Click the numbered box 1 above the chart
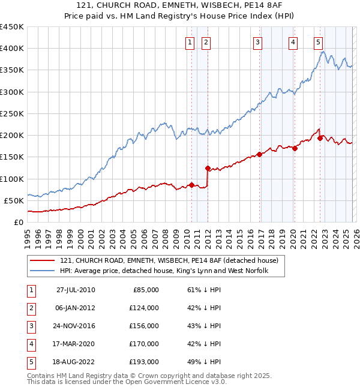click(190, 42)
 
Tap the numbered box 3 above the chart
click(257, 42)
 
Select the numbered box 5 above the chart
click(318, 42)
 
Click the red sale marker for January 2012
click(208, 169)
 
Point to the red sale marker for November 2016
click(259, 154)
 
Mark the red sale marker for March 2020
click(295, 149)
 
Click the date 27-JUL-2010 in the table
click(76, 290)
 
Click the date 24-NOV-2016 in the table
click(76, 326)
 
